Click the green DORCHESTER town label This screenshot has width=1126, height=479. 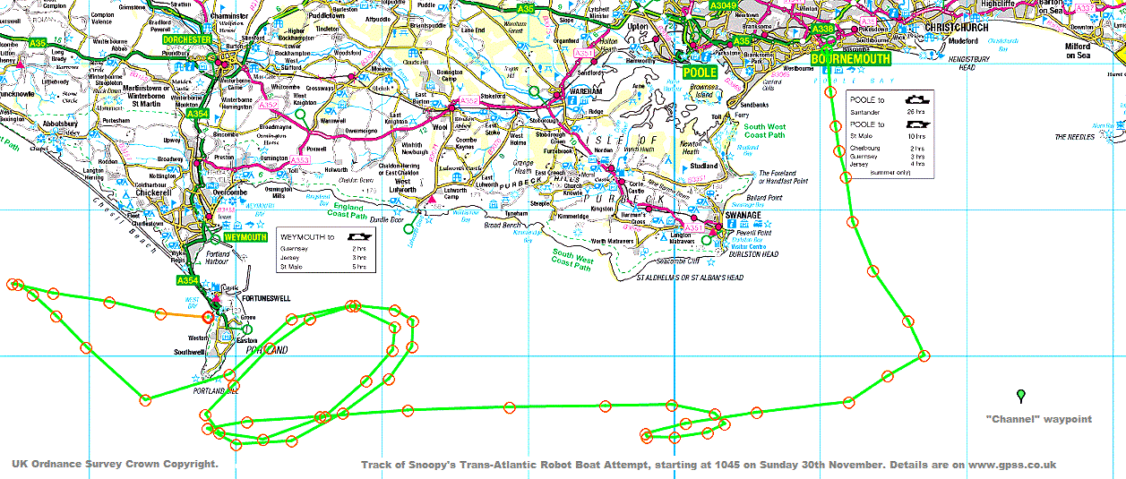186,40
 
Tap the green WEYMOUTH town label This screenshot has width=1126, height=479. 245,237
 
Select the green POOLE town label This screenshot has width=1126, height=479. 700,72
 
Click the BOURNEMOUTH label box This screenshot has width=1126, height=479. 851,59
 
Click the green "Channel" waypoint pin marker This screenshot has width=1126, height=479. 1020,395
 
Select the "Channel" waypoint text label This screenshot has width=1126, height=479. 1038,419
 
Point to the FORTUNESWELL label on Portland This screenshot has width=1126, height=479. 265,297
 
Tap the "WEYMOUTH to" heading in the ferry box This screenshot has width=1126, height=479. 307,236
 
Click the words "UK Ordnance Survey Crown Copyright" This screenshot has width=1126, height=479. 115,464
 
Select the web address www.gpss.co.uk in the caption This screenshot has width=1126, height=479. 1011,465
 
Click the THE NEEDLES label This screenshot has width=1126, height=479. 1074,137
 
